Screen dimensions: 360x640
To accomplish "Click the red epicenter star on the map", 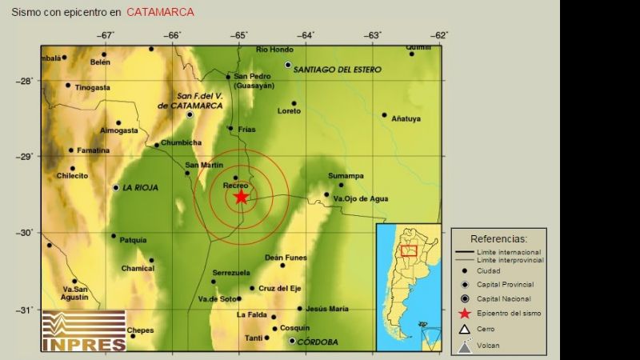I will coord(241,197).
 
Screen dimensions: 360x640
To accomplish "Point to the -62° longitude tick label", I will coord(439,35).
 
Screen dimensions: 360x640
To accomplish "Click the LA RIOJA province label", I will coord(140,188).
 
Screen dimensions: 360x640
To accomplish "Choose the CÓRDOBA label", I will coord(318,342).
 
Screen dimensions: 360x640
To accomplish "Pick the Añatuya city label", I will coord(406,119).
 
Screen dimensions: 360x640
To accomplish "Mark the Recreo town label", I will coord(234,186).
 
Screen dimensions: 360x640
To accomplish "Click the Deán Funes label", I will coord(286,258).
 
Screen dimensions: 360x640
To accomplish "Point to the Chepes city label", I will coord(140,330).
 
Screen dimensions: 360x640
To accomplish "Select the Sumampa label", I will coord(346,176).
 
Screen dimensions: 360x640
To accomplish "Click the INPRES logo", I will coord(84,330).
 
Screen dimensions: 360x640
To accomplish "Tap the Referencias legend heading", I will coord(498,238).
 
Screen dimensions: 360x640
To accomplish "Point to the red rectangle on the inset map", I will coord(409,250).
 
